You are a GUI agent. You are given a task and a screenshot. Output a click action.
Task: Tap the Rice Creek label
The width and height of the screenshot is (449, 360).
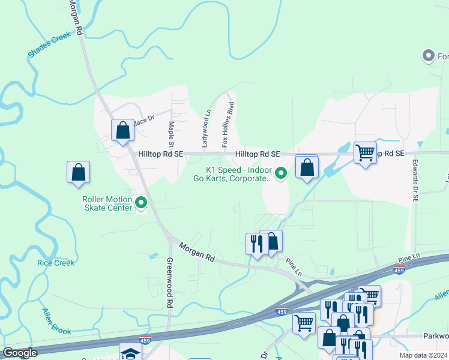(56, 263)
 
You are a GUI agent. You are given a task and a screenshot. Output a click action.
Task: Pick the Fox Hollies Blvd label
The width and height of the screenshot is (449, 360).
(229, 125)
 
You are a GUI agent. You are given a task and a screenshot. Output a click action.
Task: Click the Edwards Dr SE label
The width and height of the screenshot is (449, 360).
(415, 180)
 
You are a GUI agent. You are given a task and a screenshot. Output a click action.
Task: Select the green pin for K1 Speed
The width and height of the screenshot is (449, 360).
(280, 172)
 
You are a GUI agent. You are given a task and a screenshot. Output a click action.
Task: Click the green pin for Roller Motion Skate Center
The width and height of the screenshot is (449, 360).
(142, 203)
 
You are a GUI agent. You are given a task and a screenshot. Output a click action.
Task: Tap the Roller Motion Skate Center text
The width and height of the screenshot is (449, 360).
(107, 203)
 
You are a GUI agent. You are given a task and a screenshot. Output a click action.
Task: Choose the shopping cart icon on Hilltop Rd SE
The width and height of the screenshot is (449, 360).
(365, 153)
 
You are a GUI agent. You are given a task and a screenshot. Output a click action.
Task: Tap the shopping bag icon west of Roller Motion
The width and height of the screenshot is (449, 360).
(78, 173)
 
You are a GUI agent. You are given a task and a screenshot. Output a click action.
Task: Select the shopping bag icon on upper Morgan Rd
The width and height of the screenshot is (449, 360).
(122, 130)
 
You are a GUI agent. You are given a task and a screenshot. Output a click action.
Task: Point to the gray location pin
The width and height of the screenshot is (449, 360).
(429, 56)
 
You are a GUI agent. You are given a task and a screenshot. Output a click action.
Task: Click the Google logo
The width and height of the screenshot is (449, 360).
(20, 353)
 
